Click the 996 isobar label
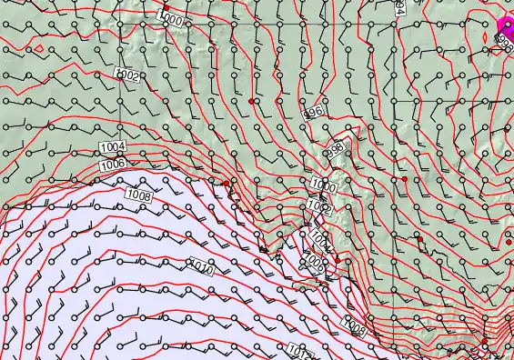tap(316, 112)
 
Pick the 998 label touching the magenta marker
tap(505, 41)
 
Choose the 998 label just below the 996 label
tap(335, 148)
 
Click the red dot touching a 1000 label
tap(166, 8)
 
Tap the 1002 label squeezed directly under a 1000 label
tap(318, 207)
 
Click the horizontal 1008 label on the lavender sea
tap(139, 195)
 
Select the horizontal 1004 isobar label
tap(112, 147)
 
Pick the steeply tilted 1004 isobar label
tap(320, 241)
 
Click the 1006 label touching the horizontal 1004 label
tap(114, 164)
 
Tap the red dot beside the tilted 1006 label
tap(337, 260)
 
